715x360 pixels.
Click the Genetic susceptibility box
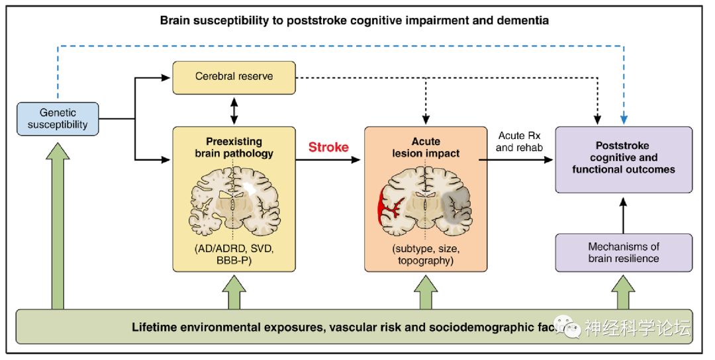tap(58, 118)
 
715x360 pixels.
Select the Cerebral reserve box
tap(233, 77)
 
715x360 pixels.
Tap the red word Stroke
tap(328, 148)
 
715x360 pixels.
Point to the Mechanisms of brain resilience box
tap(624, 252)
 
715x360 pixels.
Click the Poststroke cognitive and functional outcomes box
tap(624, 159)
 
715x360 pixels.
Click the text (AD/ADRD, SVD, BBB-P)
tap(233, 255)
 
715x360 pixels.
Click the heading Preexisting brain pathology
tap(233, 148)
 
